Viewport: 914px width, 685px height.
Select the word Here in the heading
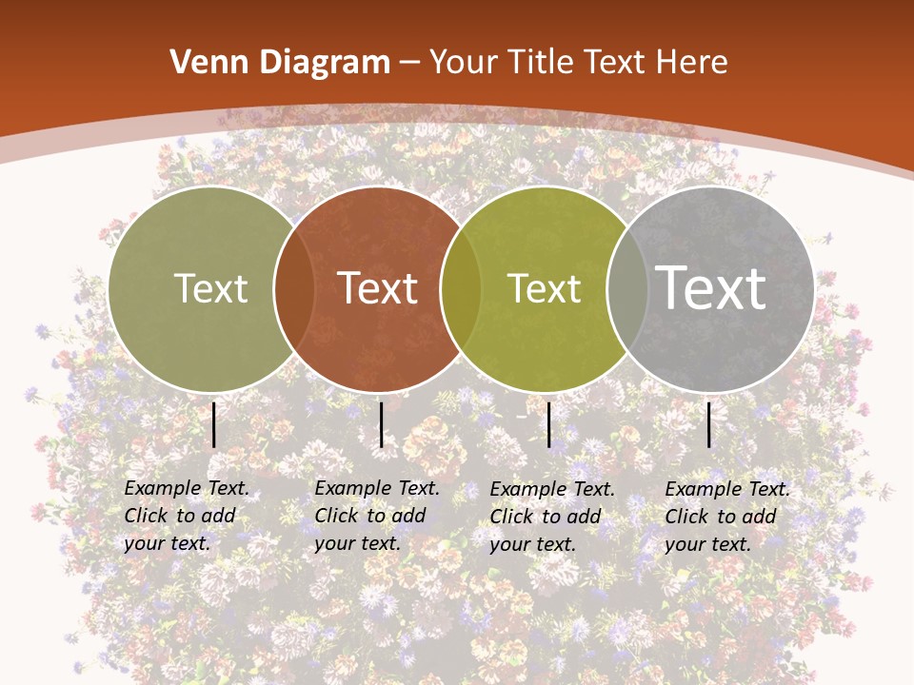pos(691,62)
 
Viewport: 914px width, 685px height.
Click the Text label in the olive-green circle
pos(210,288)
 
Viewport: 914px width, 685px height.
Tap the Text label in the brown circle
pos(377,288)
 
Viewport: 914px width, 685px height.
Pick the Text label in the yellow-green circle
pos(544,288)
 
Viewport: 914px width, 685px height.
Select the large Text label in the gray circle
pos(710,287)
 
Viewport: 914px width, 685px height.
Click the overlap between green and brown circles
pos(294,288)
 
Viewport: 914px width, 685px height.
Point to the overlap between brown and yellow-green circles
pos(460,288)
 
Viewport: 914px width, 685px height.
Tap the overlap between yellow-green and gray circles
pos(626,288)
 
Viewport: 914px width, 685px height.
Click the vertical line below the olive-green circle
pos(214,424)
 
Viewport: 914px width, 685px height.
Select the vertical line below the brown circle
pos(381,424)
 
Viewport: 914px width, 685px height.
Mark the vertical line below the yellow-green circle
pos(549,424)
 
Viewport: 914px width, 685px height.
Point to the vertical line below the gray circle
pos(709,424)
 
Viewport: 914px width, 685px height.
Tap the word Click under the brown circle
pos(336,516)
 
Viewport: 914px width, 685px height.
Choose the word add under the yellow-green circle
pos(584,517)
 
